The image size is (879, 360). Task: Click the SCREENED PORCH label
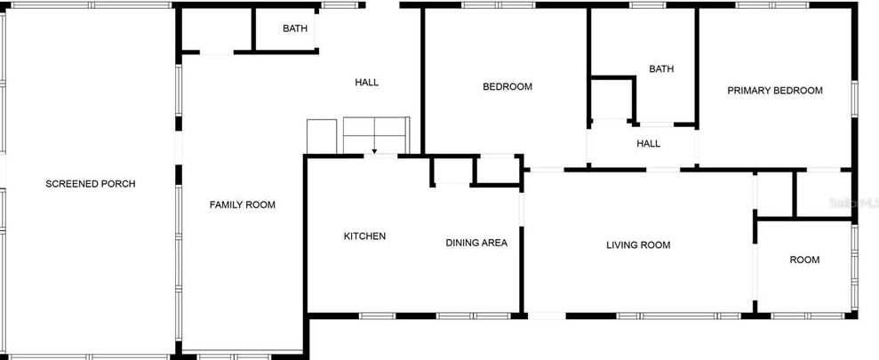[90, 184]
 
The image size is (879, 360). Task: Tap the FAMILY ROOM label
[242, 204]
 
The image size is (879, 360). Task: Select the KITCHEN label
[364, 236]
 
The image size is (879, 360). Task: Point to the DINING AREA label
[476, 243]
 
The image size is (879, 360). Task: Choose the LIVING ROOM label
[637, 244]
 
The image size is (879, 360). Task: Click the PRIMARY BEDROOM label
[774, 90]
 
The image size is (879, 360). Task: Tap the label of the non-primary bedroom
[507, 86]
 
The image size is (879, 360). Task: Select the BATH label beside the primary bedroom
[660, 68]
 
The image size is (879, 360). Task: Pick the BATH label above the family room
[295, 28]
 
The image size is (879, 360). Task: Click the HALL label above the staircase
[366, 83]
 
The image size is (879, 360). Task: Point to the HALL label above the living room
[648, 143]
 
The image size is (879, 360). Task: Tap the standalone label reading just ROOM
[804, 260]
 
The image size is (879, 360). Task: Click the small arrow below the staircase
[374, 152]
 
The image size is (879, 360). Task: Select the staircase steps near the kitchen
[375, 134]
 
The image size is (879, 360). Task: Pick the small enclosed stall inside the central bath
[612, 100]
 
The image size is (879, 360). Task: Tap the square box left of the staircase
[322, 136]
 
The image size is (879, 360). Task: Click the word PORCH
[117, 184]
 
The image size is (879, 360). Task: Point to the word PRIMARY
[748, 90]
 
